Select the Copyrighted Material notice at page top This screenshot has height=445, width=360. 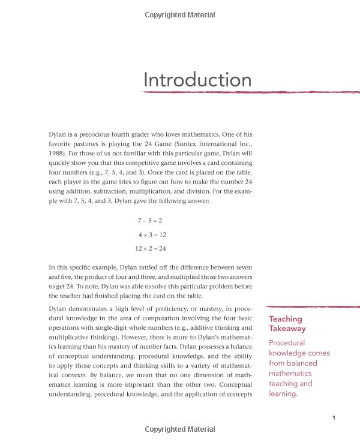tap(180, 15)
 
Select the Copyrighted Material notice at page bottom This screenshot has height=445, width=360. tap(180, 429)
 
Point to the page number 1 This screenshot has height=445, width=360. tap(333, 417)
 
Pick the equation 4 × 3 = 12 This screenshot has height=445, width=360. tap(152, 234)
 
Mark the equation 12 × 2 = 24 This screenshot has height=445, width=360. tap(150, 248)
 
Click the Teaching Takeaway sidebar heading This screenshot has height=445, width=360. tap(287, 324)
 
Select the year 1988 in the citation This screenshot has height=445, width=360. tap(58, 154)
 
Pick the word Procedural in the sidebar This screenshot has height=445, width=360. tap(287, 343)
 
